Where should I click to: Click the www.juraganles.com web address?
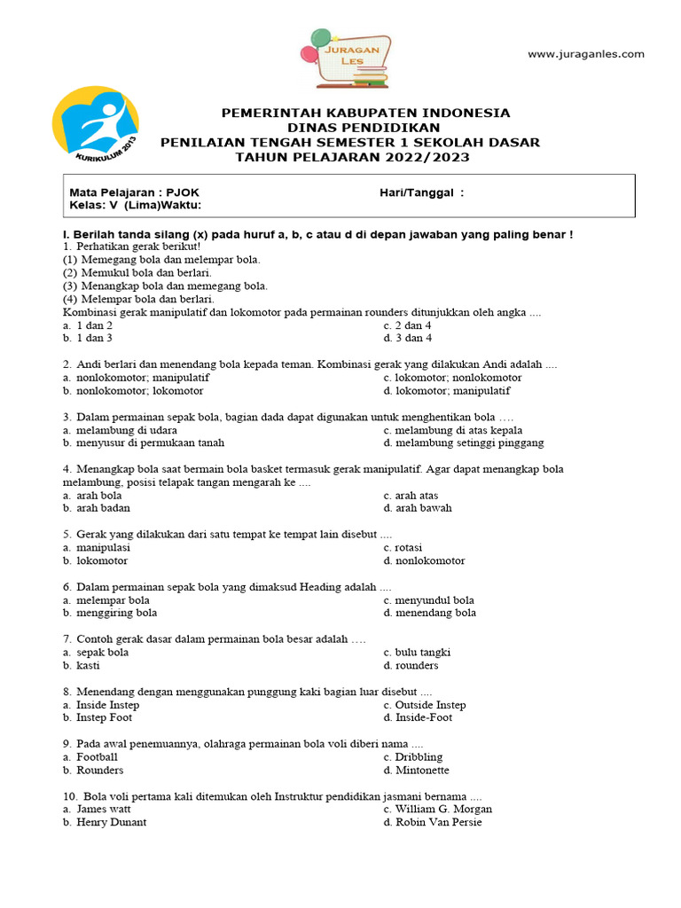tap(586, 54)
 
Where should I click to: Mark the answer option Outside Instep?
tap(430, 705)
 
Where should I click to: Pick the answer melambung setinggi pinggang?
tap(469, 442)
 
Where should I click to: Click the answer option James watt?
tap(108, 809)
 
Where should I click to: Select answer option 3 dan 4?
tap(413, 338)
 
